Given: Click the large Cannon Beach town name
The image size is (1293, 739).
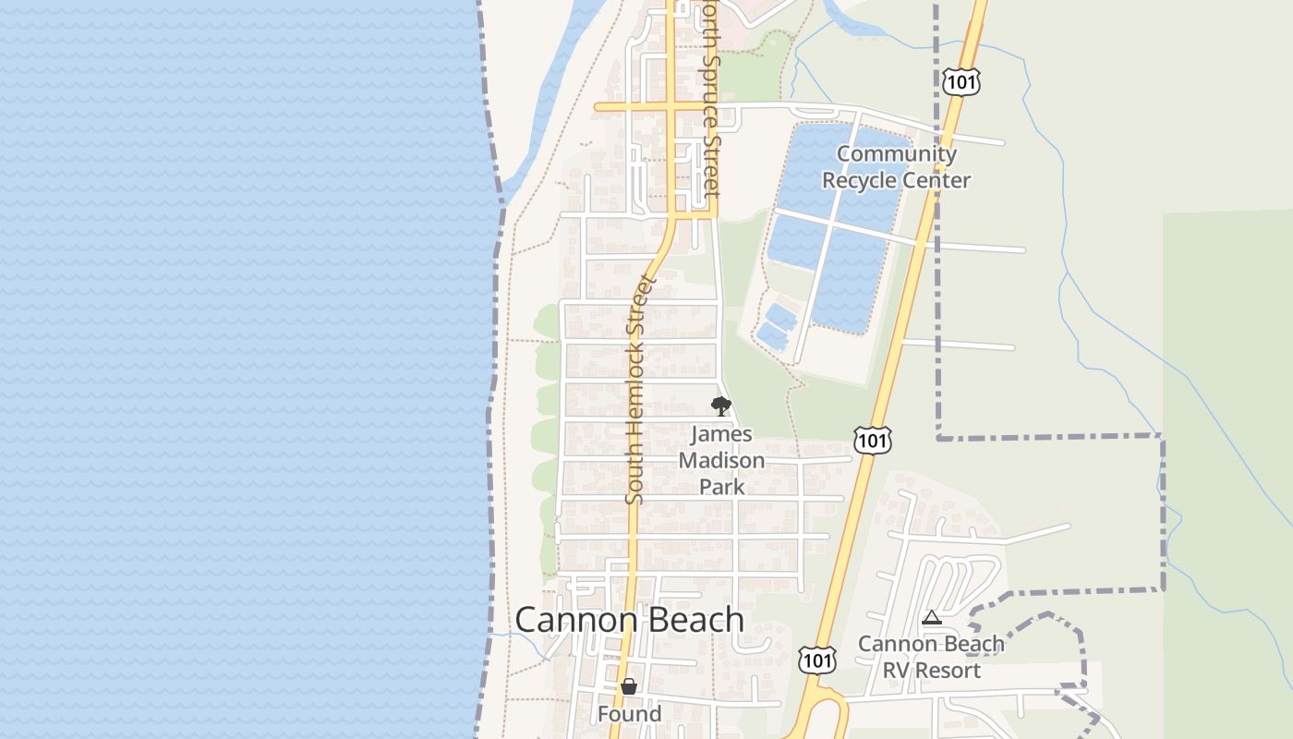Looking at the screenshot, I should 629,619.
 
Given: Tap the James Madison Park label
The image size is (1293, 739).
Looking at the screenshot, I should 721,460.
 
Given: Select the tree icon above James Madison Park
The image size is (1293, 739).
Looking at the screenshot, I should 720,406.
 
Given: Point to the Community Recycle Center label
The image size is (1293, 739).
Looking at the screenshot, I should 896,167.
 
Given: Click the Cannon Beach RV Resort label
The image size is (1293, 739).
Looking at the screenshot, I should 931,657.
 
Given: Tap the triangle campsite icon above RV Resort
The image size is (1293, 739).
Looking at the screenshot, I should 932,618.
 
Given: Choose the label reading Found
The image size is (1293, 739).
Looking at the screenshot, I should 629,714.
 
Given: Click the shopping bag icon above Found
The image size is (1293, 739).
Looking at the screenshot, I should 629,686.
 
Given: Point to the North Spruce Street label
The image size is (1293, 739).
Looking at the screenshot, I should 707,97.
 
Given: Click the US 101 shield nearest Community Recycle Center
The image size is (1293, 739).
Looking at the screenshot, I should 961,81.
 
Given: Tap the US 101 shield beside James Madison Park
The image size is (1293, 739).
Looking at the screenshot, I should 872,441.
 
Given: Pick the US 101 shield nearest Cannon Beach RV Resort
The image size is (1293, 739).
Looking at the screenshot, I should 818,660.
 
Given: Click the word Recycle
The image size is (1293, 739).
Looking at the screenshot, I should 863,180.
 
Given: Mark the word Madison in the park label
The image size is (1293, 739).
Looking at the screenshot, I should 721,460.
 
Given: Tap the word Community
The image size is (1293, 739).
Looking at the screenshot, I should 896,154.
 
